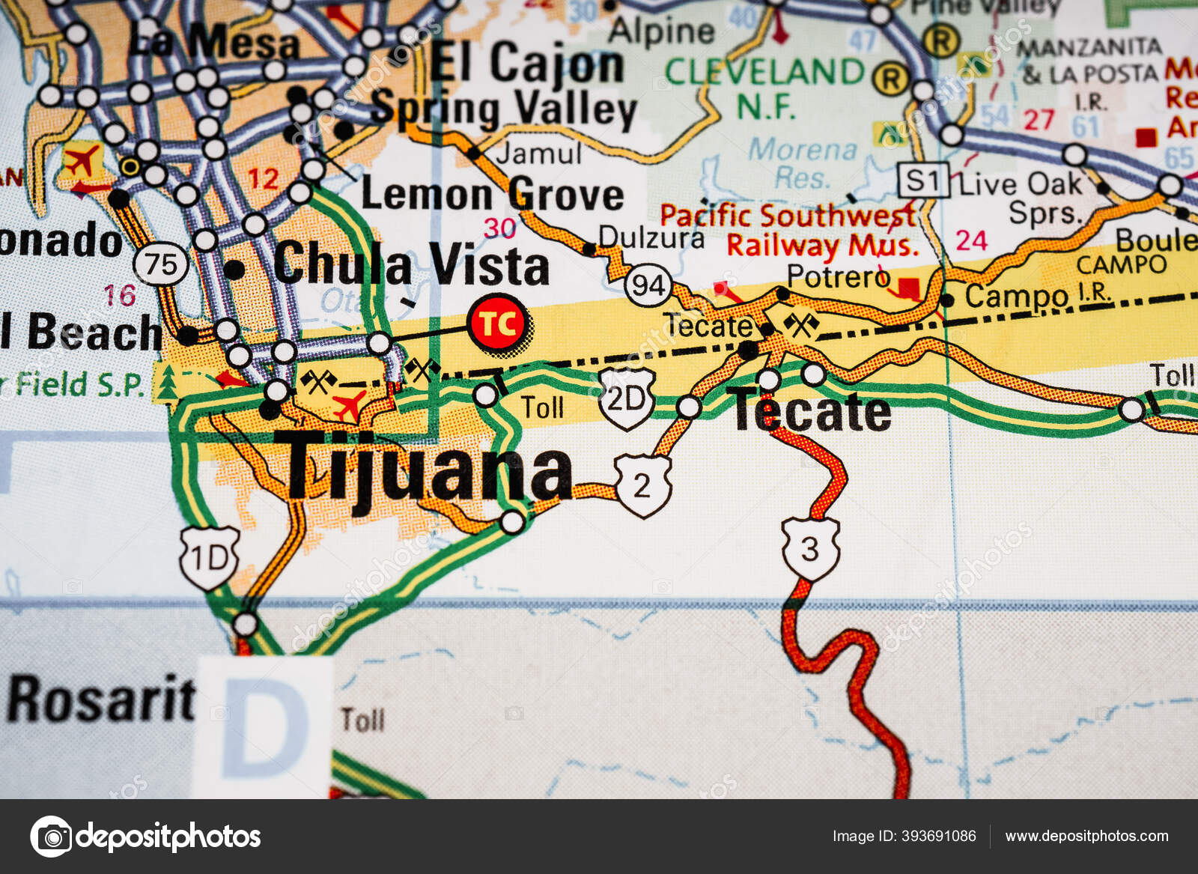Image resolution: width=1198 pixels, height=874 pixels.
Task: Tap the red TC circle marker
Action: (x=498, y=324)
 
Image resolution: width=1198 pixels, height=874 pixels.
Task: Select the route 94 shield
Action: (x=648, y=285)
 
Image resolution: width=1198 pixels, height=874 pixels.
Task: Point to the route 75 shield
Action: (x=161, y=264)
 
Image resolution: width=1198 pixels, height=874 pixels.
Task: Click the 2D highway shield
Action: (x=627, y=399)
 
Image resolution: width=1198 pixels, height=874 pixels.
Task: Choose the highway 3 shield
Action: (x=810, y=549)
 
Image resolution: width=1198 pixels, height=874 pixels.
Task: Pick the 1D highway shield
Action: (x=210, y=558)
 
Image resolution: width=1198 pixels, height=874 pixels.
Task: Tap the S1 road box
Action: (x=923, y=181)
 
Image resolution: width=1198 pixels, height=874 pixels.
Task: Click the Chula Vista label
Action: (x=411, y=265)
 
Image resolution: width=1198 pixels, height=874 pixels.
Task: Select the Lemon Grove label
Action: (x=492, y=195)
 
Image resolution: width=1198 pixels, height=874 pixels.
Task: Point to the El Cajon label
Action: (x=527, y=64)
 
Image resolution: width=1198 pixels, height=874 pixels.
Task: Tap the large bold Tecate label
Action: (x=812, y=412)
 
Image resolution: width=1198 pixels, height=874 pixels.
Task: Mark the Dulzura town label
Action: (x=651, y=237)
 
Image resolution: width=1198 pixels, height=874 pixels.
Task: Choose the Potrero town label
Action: (x=838, y=276)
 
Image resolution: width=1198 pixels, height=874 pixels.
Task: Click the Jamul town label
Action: (x=538, y=154)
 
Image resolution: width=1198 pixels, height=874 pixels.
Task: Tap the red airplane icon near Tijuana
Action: (x=349, y=406)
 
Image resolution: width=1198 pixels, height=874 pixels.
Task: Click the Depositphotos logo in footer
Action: (x=146, y=836)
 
